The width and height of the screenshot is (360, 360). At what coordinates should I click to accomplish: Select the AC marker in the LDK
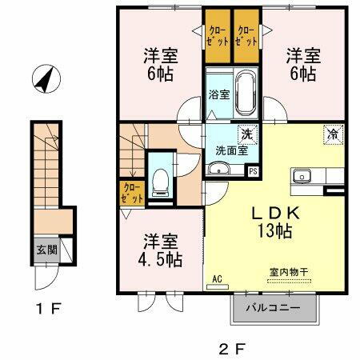pyautogui.click(x=217, y=279)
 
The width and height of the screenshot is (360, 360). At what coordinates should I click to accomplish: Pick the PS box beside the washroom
pyautogui.click(x=254, y=170)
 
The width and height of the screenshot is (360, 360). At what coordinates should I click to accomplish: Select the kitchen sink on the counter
pyautogui.click(x=302, y=176)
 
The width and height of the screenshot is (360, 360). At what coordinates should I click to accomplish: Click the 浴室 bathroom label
pyautogui.click(x=219, y=94)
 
